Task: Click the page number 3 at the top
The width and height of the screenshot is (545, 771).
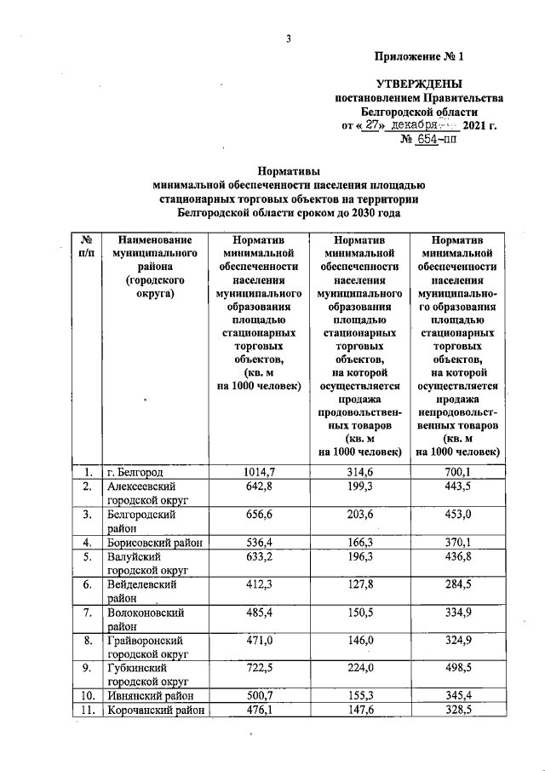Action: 289,39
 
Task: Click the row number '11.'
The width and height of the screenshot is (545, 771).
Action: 86,711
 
